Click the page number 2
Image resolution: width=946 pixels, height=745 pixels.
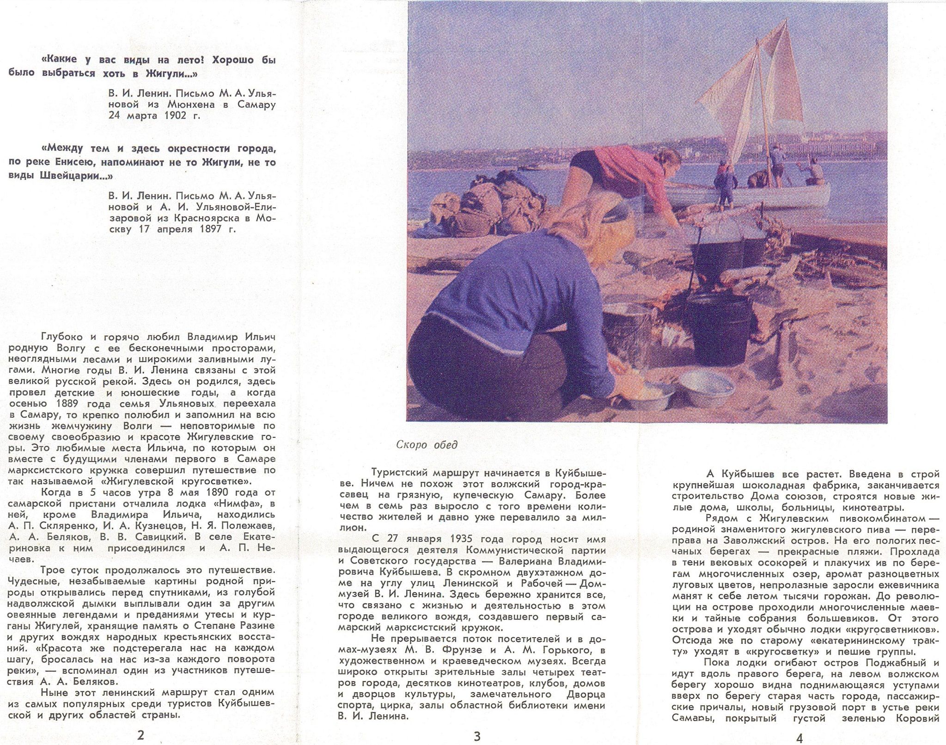pyautogui.click(x=141, y=735)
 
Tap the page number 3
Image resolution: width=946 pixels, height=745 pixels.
pyautogui.click(x=477, y=736)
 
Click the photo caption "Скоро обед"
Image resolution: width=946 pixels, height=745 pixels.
pyautogui.click(x=427, y=445)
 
